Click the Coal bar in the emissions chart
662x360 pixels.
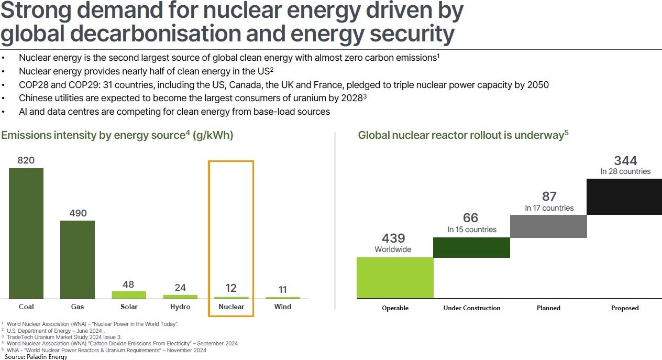point(26,233)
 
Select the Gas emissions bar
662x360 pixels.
point(78,259)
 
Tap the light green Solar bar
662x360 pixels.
point(129,294)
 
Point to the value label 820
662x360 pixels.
point(26,160)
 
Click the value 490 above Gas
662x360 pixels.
point(78,213)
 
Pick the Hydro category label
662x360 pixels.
point(180,307)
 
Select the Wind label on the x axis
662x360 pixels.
point(283,307)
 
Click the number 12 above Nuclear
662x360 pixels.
point(231,288)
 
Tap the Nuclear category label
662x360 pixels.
point(231,307)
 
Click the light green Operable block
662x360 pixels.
point(395,278)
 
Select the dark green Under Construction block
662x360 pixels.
point(471,247)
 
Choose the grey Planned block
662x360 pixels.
point(548,226)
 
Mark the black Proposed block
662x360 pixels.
point(624,197)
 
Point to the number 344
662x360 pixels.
point(625,160)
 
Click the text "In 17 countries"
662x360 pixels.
point(549,208)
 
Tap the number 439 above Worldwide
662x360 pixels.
point(393,238)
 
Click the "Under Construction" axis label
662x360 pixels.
point(472,308)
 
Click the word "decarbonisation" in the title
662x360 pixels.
point(151,34)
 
